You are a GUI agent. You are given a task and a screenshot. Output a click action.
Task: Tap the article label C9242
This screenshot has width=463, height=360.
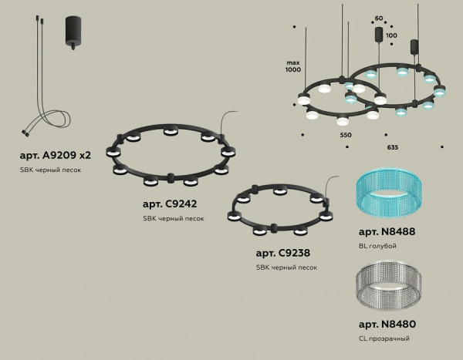point(171,204)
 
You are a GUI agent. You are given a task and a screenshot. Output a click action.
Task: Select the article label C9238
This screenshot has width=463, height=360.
point(283,252)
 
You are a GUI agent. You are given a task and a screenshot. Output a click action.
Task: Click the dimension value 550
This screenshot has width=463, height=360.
point(345,136)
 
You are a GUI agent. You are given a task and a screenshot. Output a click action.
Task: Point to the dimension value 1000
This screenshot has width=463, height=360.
point(292,70)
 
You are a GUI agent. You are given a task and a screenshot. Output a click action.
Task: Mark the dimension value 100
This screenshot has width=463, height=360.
point(391,35)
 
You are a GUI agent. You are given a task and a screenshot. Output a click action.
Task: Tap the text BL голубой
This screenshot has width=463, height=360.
point(377,246)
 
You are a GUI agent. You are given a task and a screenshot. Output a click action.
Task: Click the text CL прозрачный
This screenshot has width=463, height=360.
point(384,338)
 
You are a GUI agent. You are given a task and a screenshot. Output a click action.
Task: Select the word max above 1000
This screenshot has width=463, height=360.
point(292,61)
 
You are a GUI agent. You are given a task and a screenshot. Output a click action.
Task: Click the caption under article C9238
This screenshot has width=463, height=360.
point(286,267)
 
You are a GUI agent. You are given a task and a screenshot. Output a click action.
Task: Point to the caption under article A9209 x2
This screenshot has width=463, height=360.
point(52,170)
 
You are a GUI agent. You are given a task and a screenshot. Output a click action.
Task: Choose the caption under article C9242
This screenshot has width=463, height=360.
point(174,219)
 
